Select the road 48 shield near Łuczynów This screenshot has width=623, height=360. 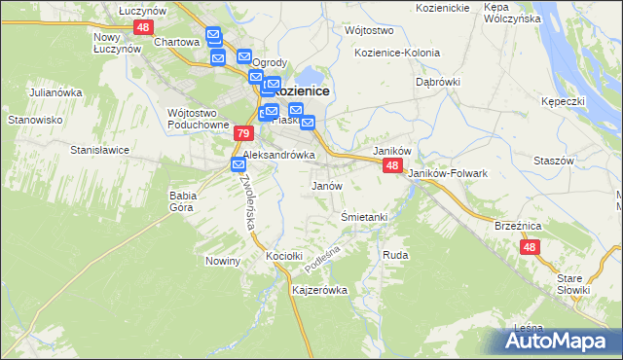144,27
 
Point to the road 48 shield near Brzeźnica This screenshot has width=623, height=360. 530,247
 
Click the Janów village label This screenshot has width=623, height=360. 325,185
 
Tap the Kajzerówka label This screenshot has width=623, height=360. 319,290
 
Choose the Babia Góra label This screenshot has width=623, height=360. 182,201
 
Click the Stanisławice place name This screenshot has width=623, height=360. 100,150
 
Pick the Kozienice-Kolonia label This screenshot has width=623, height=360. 397,53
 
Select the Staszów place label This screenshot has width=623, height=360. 557,159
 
